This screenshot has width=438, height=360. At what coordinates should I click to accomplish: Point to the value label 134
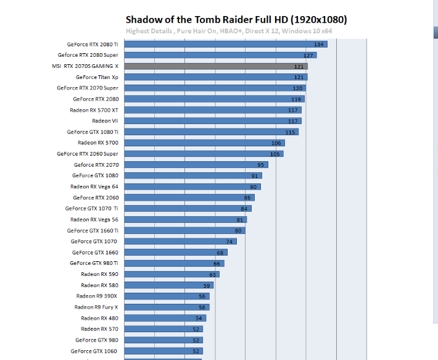(318, 44)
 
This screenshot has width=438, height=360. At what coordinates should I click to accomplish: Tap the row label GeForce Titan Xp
(97, 77)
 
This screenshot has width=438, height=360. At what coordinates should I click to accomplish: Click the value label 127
(308, 56)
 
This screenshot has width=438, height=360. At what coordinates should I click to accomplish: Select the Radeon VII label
(105, 121)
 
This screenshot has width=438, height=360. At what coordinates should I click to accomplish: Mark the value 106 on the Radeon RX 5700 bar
(277, 143)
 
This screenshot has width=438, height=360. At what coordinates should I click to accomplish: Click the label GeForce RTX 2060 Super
(87, 154)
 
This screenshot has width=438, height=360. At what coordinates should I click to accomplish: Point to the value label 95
(262, 165)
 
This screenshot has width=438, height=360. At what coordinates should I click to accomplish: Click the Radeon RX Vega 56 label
(94, 219)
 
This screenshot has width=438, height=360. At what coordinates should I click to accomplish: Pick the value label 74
(229, 241)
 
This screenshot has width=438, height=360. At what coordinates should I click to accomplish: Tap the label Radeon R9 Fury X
(96, 307)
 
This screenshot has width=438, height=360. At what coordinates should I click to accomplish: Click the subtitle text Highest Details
(149, 31)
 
